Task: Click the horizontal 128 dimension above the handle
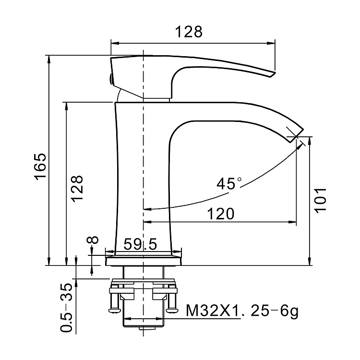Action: click(x=189, y=32)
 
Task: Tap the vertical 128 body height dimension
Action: click(x=77, y=189)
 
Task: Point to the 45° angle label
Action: click(x=229, y=183)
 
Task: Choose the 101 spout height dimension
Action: click(x=321, y=199)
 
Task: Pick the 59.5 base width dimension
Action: click(x=140, y=245)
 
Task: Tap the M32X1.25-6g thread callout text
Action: click(x=242, y=312)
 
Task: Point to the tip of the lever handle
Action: click(x=273, y=73)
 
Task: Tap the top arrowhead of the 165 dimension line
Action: click(x=49, y=58)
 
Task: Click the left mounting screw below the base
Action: click(x=115, y=301)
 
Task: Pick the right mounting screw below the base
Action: click(x=171, y=301)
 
